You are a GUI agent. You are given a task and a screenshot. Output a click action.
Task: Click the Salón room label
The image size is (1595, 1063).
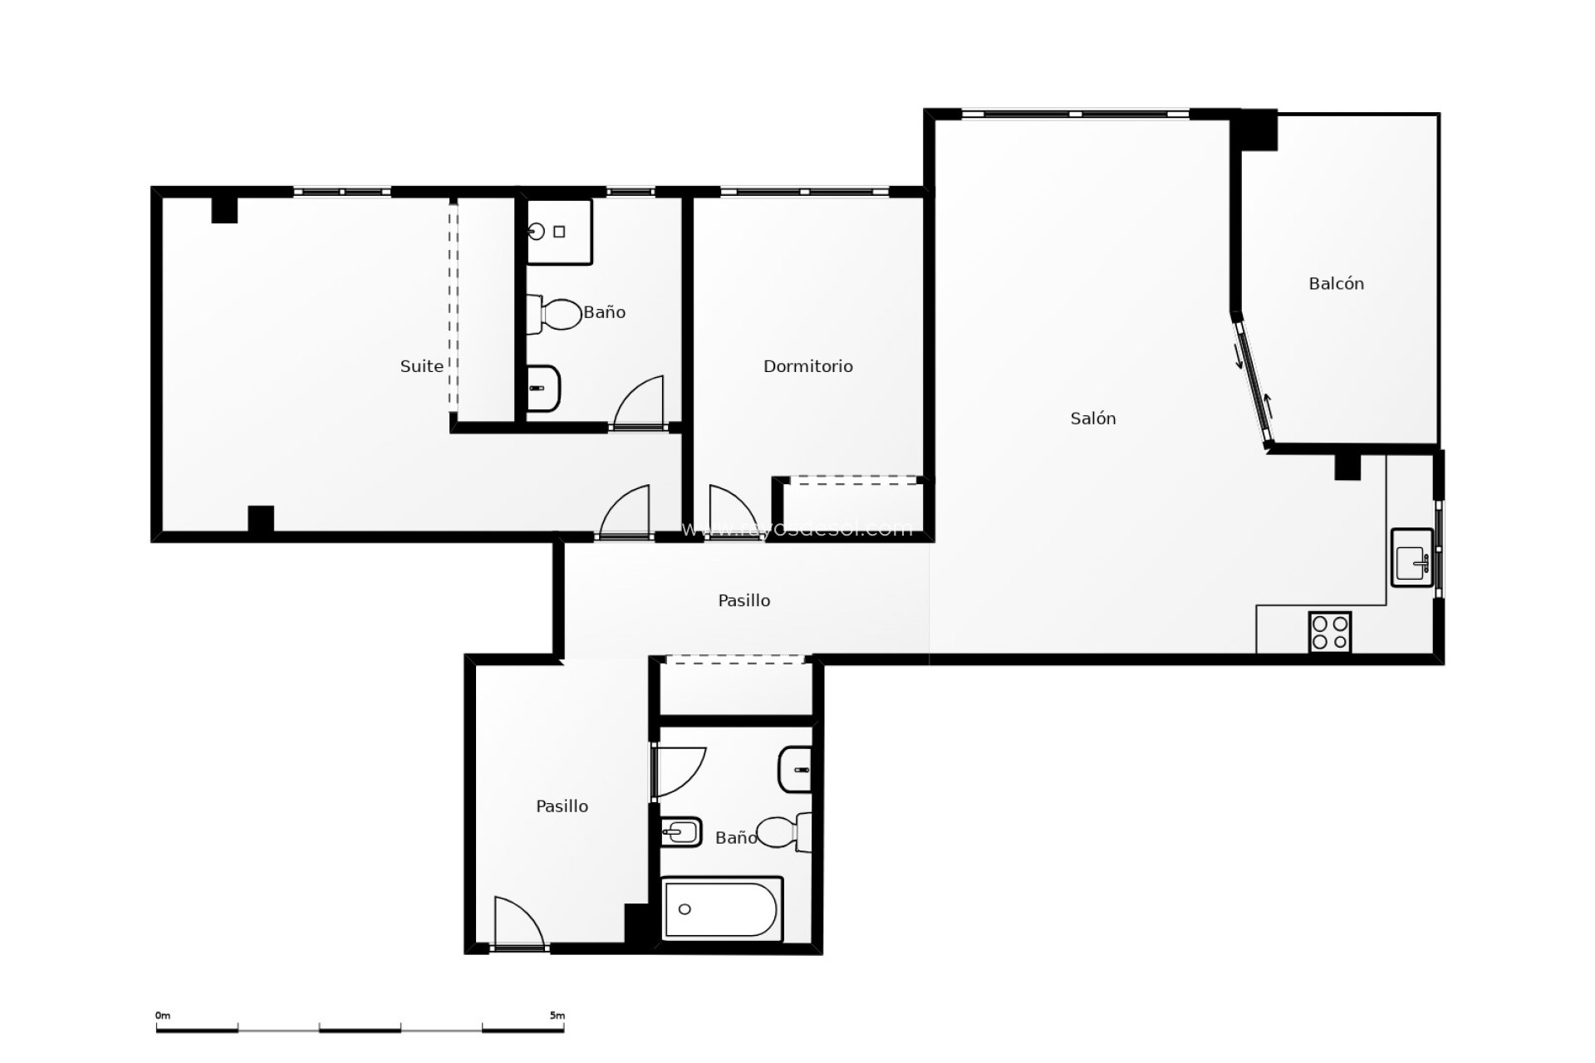click(1092, 419)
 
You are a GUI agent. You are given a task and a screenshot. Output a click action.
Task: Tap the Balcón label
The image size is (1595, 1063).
click(1336, 284)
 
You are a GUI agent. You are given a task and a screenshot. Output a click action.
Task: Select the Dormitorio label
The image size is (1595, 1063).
click(807, 366)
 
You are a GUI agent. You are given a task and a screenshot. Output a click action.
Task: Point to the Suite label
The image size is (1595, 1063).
click(421, 366)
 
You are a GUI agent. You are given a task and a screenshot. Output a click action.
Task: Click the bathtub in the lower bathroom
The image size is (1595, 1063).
click(721, 909)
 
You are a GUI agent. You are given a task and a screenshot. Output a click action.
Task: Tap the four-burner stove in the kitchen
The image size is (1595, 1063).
click(1329, 632)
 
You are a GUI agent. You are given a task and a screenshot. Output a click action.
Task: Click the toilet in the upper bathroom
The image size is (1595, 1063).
click(555, 316)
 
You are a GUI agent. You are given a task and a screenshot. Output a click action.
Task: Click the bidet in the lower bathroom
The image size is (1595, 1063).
click(680, 831)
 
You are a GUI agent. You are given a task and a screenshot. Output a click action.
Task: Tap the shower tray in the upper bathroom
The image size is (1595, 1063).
click(559, 232)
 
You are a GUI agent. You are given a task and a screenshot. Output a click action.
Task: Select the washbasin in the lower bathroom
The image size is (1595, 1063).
click(795, 770)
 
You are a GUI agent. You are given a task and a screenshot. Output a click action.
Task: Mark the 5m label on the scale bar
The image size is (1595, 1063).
click(557, 1016)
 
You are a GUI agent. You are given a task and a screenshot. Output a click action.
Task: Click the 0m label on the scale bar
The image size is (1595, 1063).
click(162, 1016)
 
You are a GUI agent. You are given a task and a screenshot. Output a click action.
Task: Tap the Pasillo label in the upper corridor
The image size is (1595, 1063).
click(744, 600)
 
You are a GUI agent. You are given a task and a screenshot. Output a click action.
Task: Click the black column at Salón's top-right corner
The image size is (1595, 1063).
click(1254, 130)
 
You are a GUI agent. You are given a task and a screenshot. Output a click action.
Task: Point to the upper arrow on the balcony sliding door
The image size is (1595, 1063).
click(1239, 355)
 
